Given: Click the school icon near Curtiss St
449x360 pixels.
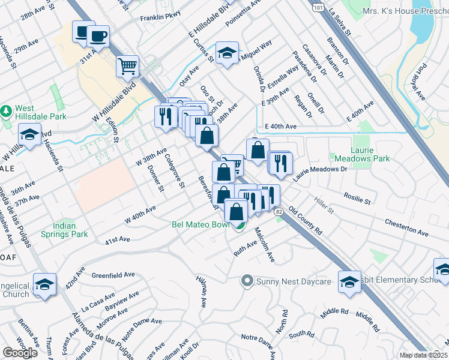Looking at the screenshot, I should (x=227, y=53).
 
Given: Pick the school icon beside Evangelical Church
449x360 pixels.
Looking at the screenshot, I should (x=44, y=284).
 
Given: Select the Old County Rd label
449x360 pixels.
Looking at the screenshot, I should (x=306, y=221).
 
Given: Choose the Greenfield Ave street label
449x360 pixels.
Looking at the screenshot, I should (x=113, y=275).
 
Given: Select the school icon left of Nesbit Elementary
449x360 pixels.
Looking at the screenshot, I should (x=349, y=281).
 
